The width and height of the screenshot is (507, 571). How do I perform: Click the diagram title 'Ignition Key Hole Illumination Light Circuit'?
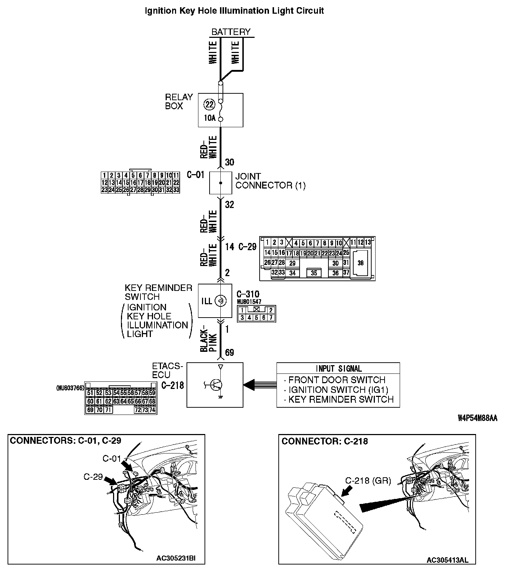[234, 11]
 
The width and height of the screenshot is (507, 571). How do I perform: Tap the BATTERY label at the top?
[231, 32]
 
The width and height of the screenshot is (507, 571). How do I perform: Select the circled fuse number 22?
[209, 105]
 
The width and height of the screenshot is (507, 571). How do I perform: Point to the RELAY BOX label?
[179, 101]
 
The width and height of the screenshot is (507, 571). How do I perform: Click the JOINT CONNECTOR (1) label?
[270, 181]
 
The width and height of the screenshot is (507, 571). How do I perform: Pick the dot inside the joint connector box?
[221, 183]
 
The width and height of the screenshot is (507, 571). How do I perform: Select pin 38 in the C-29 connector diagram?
[360, 263]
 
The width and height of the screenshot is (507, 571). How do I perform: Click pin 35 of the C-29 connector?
[314, 273]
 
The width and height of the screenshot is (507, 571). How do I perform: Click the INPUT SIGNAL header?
[338, 368]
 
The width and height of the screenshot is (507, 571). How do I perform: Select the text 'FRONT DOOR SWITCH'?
[337, 380]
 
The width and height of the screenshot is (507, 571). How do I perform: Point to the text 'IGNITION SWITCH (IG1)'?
[338, 390]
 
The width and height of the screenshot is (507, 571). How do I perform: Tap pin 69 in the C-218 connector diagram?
[90, 410]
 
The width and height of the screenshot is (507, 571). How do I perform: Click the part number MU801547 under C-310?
[249, 301]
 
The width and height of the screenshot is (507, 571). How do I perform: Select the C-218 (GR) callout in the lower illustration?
[368, 481]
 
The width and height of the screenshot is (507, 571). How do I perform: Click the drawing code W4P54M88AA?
[477, 418]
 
